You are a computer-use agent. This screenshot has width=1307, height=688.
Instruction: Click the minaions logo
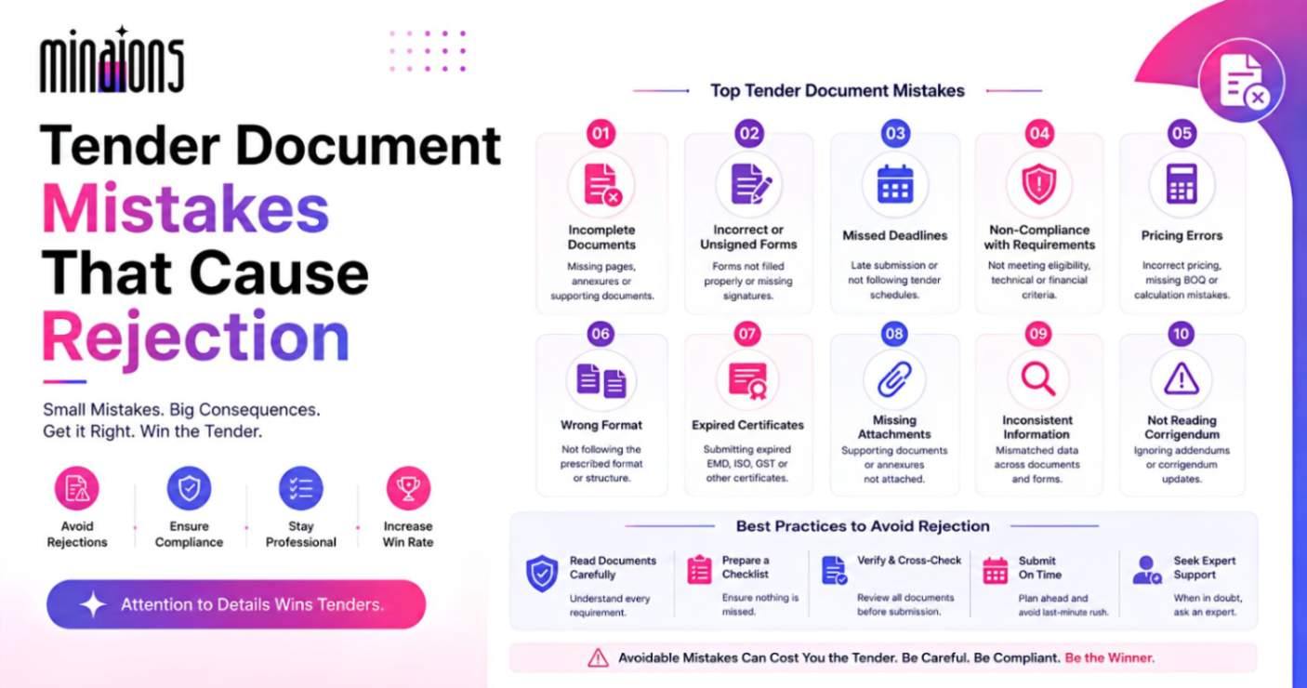(x=112, y=60)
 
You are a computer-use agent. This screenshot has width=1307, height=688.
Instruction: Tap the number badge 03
(x=895, y=134)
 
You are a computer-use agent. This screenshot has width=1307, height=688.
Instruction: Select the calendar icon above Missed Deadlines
(x=895, y=184)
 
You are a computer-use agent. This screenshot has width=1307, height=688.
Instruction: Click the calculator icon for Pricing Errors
(x=1182, y=184)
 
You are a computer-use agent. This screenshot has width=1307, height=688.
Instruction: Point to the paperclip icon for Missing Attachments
(x=894, y=379)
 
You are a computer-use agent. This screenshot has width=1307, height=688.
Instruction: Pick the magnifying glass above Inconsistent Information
(x=1037, y=378)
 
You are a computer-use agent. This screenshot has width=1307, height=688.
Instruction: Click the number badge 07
(x=746, y=334)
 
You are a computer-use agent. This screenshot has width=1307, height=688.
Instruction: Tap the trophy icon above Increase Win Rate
(x=408, y=488)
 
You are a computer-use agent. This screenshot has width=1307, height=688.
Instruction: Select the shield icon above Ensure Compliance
(x=189, y=488)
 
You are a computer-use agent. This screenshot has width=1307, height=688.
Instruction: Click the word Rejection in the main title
(x=195, y=337)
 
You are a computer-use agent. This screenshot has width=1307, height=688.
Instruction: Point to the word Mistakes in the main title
(x=186, y=208)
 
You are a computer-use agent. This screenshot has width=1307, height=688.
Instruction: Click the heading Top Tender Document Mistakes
(x=838, y=90)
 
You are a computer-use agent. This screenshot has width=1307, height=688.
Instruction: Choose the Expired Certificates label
(x=747, y=425)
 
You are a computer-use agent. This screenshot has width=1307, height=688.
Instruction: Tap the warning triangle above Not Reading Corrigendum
(x=1182, y=378)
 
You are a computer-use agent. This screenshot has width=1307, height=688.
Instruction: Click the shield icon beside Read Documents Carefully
(x=542, y=573)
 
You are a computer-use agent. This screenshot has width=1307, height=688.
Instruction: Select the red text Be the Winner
(x=1109, y=657)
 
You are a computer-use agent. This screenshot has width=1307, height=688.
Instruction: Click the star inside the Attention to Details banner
(x=93, y=604)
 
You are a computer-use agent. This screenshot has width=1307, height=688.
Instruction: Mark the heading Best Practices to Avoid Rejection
(x=863, y=526)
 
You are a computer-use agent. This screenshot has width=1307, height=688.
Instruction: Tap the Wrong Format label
(x=601, y=425)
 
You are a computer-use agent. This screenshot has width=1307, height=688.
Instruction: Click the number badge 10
(x=1181, y=334)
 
